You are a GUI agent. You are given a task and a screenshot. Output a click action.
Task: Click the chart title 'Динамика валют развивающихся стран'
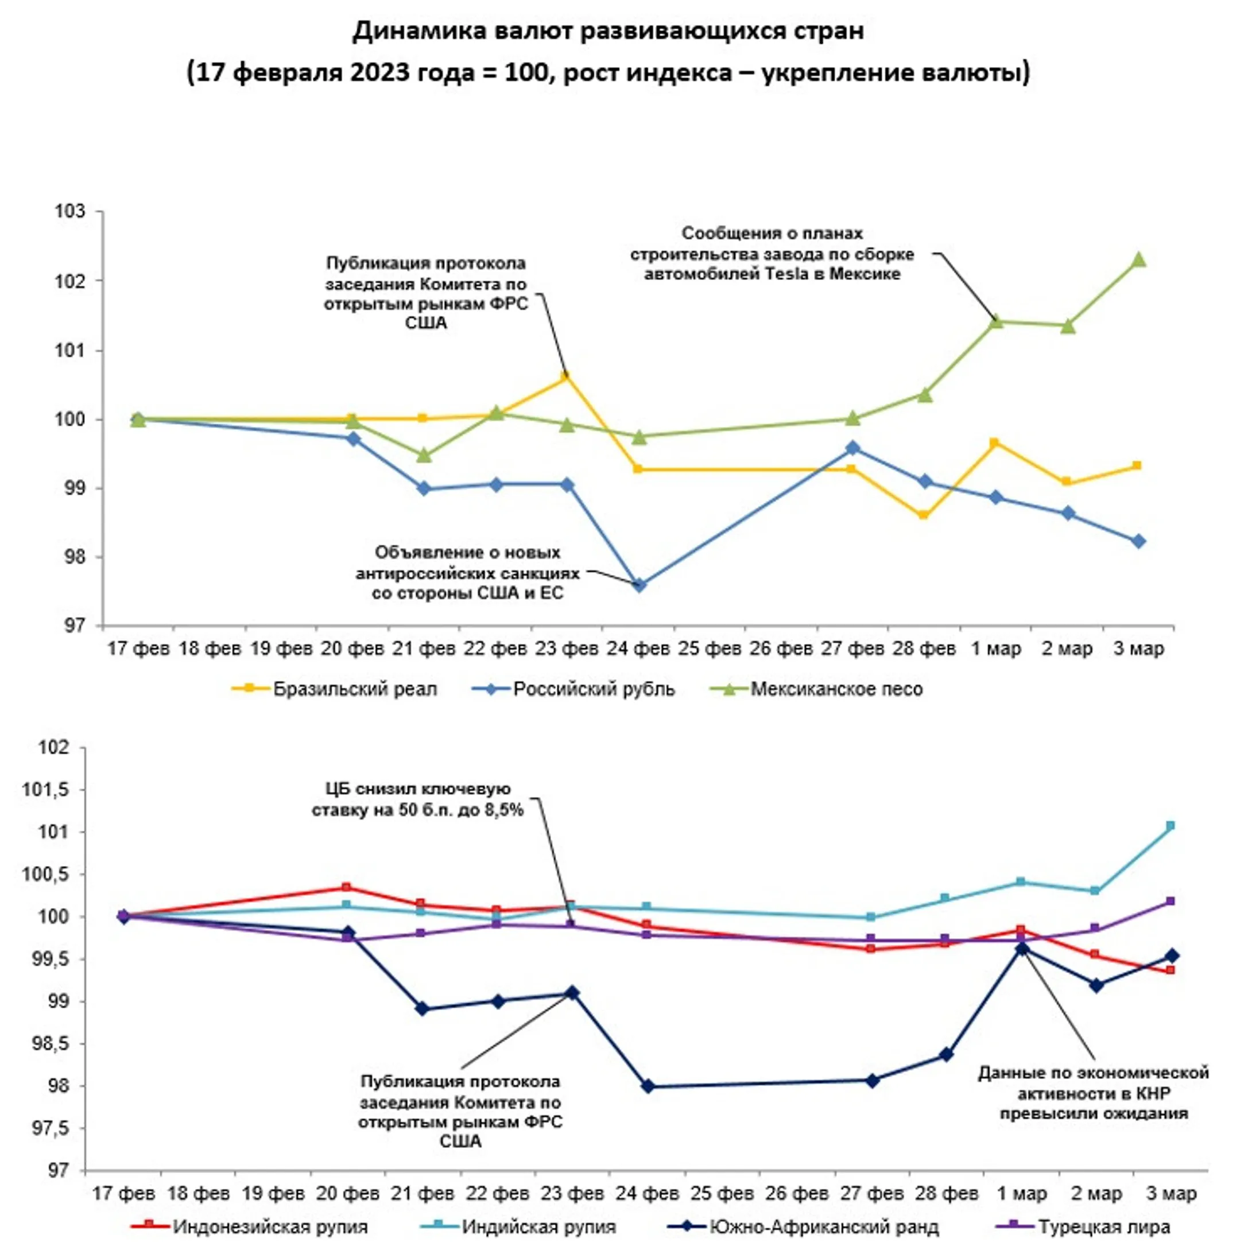609,31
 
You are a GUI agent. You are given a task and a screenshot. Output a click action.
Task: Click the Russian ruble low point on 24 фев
639,585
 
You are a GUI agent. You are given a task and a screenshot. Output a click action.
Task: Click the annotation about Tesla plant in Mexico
772,253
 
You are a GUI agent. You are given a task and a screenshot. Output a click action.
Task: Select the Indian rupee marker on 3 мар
1171,826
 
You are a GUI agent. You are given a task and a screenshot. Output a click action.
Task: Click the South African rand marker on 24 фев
648,1086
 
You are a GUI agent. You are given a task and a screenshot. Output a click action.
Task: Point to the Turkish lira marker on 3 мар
1171,901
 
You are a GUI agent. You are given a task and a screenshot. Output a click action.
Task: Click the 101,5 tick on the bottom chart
45,790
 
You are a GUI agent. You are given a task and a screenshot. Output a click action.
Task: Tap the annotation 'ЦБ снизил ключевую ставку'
417,799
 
